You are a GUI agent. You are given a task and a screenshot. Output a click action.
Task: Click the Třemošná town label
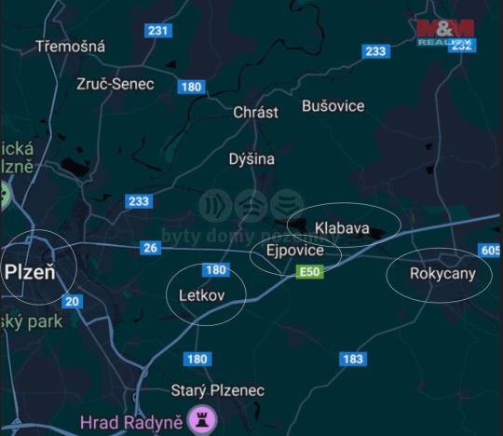[x=70, y=46]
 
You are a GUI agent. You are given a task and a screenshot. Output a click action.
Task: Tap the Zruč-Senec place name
[x=116, y=83]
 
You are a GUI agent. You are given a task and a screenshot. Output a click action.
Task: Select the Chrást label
[x=255, y=112]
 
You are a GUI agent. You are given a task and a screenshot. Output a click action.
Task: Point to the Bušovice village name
[x=333, y=105]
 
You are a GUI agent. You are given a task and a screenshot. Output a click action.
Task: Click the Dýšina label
[x=251, y=158]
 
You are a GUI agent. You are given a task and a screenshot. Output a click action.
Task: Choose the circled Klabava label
[x=342, y=227]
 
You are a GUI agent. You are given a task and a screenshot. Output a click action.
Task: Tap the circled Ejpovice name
[x=295, y=251]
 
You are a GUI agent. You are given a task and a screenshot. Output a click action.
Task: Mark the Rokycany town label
[x=442, y=273]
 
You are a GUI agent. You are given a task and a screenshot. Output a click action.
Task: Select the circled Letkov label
[x=206, y=295]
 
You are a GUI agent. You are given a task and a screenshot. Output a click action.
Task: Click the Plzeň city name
[x=30, y=273]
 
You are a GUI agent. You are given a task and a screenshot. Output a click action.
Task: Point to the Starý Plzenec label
[x=218, y=390]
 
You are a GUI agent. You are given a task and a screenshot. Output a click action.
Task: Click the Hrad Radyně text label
[x=130, y=421]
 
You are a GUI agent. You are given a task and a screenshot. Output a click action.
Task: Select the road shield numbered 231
[x=159, y=31]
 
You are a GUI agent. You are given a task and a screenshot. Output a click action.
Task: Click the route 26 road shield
[x=151, y=247]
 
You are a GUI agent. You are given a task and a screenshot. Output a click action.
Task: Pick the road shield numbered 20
[x=73, y=301]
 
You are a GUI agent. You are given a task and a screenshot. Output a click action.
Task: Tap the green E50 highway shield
[x=309, y=271]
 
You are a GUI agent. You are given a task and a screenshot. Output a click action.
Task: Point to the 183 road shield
[x=353, y=359]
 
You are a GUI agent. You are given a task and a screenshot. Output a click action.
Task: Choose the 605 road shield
[x=491, y=251]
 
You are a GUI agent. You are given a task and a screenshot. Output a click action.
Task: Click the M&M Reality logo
[x=444, y=32]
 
